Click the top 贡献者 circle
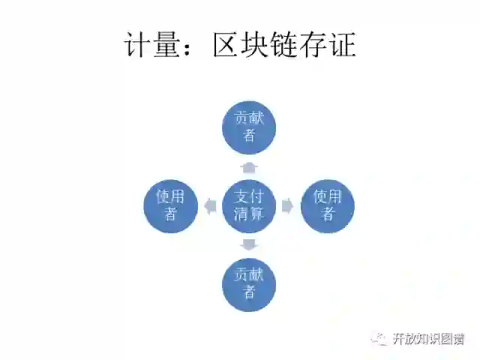pyautogui.click(x=249, y=127)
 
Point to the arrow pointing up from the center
pyautogui.click(x=249, y=166)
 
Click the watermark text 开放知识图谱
pyautogui.click(x=428, y=339)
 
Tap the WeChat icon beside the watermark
pyautogui.click(x=381, y=339)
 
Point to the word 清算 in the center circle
pyautogui.click(x=249, y=214)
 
